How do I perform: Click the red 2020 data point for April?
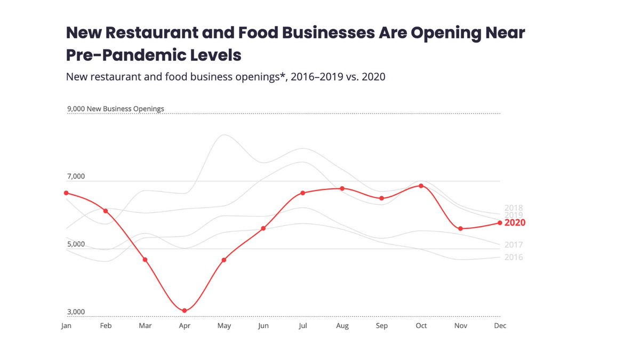(x=185, y=310)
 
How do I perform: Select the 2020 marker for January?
(x=66, y=193)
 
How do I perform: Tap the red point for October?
(x=421, y=186)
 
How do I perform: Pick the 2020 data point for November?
(x=461, y=229)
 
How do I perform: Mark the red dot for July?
(x=302, y=193)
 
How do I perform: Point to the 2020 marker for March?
(x=145, y=260)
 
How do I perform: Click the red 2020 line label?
(x=515, y=223)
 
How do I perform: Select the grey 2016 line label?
(x=514, y=257)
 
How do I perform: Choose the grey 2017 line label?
(x=514, y=245)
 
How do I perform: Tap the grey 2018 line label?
(x=514, y=208)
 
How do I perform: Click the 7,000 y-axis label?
(x=76, y=177)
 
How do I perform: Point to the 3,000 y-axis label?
(x=76, y=312)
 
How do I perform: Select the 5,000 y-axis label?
(x=76, y=244)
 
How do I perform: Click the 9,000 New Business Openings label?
(x=116, y=109)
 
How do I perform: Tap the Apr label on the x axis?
(x=185, y=325)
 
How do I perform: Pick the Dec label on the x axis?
(x=500, y=325)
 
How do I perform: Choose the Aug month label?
(x=342, y=325)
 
